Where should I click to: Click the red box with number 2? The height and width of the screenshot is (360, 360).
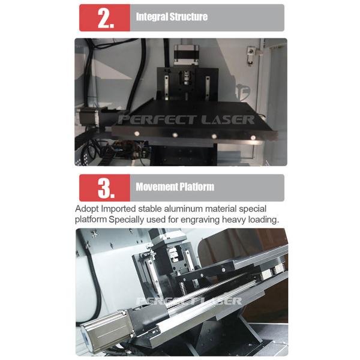104,17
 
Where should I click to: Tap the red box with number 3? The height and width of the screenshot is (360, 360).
104,188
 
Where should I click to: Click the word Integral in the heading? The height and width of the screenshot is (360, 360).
152,17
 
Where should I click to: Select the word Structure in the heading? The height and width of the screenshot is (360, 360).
188,17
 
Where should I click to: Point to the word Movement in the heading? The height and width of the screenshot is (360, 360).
156,187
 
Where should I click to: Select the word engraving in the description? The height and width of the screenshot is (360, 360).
200,220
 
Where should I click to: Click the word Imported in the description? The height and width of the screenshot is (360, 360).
118,209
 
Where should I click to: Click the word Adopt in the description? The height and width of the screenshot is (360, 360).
87,209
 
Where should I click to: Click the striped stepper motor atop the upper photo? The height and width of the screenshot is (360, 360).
186,53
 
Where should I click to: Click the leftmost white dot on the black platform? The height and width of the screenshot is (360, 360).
137,133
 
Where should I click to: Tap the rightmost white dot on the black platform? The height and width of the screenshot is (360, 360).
253,137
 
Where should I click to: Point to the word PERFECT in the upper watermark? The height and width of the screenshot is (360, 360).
157,119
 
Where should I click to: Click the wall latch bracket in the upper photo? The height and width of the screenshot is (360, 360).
250,55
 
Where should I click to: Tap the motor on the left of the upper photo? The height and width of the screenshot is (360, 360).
88,118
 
